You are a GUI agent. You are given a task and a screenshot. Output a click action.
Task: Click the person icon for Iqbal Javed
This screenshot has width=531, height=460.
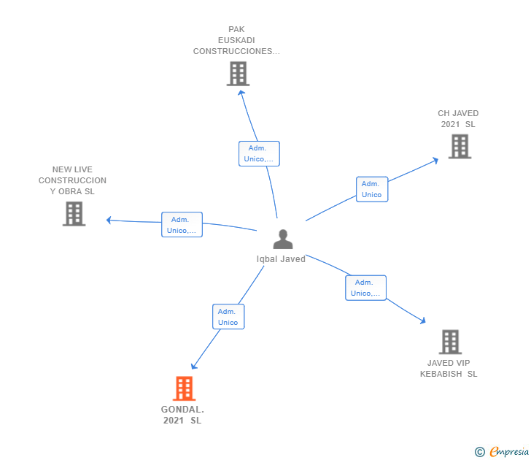coord(282,239)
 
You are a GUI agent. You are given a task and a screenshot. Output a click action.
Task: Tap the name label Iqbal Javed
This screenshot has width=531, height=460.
coord(281,258)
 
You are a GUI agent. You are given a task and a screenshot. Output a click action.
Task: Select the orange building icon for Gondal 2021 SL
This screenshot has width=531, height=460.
coord(185,388)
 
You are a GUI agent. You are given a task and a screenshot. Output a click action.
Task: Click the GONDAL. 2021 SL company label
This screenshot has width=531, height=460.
coord(182,415)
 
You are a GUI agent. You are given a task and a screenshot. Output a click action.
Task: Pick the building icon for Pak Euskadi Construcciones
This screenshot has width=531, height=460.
coord(238,74)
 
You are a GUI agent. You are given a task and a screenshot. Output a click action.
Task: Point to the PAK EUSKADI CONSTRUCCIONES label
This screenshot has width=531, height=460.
coord(236,41)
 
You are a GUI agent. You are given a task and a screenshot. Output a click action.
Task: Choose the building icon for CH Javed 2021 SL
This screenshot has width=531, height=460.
coord(460,146)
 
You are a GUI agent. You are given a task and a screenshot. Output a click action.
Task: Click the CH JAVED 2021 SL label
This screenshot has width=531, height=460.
coord(458,119)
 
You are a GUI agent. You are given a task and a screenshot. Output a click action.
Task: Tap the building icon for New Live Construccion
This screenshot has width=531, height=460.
coord(74,213)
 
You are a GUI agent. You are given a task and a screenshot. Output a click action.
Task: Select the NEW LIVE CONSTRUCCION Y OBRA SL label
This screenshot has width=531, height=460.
coord(72,180)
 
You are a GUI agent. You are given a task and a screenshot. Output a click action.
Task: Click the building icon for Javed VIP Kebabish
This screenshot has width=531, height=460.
coord(450,341)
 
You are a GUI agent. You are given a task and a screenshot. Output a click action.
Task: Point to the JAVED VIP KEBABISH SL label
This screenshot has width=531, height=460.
coord(449,368)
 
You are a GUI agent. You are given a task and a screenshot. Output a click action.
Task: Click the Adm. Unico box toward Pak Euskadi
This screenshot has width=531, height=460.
coord(259,153)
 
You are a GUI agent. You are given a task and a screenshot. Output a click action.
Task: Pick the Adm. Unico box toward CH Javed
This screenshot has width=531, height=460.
coord(371,189)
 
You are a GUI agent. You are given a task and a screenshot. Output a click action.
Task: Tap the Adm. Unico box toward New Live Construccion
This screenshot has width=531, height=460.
coord(182,225)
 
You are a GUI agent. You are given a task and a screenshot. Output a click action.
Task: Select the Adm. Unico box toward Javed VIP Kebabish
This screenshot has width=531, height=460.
coord(365,288)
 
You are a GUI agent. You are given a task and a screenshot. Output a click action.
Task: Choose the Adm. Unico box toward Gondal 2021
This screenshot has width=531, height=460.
coord(228,317)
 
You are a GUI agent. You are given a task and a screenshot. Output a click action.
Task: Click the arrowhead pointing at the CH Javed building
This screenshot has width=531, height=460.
coord(435,159)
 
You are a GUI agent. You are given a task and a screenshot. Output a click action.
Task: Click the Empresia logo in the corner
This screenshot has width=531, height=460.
coord(502,452)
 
